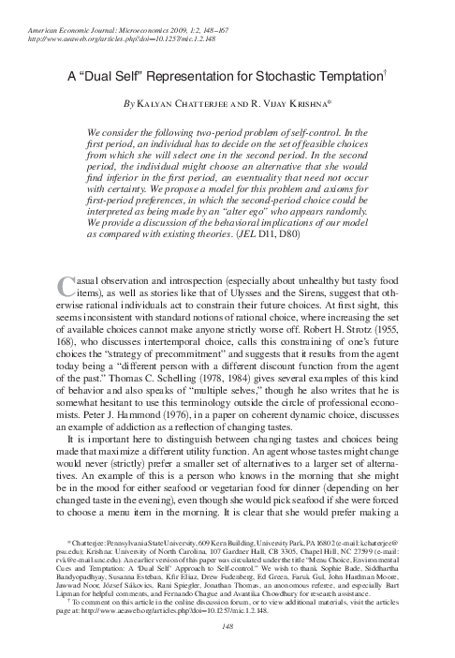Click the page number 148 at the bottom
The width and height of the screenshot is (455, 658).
[x=227, y=644]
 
